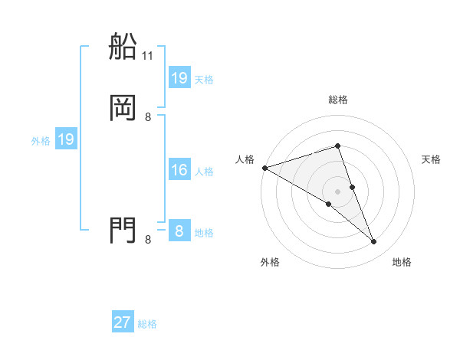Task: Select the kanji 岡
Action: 123,108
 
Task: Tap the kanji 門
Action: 123,230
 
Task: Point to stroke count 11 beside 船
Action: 148,56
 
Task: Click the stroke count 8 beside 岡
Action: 148,117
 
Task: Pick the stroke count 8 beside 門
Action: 148,240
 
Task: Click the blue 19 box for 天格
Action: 179,78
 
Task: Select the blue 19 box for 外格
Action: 66,139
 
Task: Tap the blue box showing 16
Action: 179,170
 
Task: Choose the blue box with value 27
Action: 123,322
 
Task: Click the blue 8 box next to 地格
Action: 179,231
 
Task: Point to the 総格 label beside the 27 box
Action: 147,324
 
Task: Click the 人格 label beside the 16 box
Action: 205,172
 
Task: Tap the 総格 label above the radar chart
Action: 338,100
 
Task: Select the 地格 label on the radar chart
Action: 402,262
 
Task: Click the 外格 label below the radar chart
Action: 270,262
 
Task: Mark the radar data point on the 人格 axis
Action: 264,167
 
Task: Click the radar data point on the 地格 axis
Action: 374,242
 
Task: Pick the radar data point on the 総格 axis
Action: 338,146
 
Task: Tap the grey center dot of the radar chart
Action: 338,191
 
